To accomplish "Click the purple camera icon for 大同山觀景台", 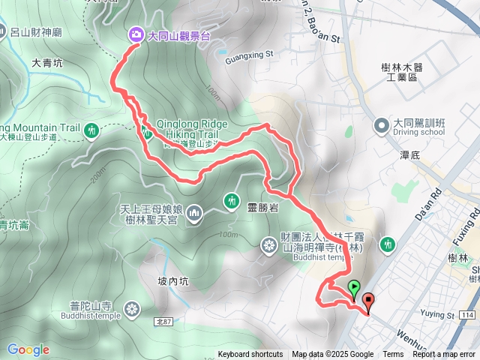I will [136, 34].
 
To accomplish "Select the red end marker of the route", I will [367, 301].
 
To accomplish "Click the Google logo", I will [28, 349].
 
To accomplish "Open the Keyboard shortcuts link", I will [250, 355].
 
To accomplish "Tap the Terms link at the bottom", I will [393, 355].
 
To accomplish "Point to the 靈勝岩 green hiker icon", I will [229, 199].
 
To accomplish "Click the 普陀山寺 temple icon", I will [133, 308].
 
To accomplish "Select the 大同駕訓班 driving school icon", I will [381, 124].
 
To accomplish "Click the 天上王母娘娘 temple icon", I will [195, 214].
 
